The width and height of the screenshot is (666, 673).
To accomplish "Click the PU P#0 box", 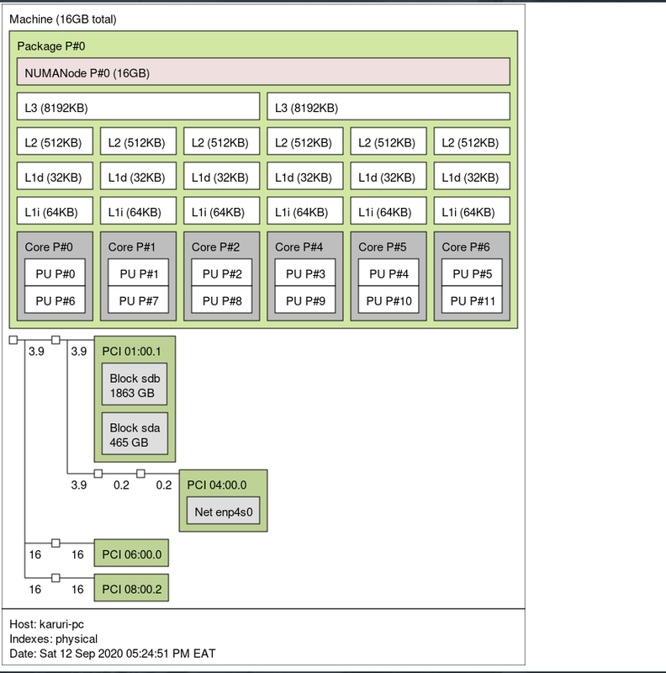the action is (x=55, y=273).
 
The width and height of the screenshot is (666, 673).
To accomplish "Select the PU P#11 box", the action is (x=472, y=300).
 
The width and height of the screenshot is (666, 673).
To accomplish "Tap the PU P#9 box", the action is (x=305, y=300).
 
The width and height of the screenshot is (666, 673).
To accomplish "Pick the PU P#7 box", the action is (x=138, y=300).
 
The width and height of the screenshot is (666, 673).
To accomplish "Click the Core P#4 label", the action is (x=299, y=247).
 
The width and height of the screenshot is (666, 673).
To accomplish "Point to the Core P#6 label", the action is (x=466, y=247).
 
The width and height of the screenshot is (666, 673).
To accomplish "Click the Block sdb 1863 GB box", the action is (x=135, y=384).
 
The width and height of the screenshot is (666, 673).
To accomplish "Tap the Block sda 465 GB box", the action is (x=135, y=433).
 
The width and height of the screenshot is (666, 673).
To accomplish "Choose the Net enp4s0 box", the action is (x=223, y=511).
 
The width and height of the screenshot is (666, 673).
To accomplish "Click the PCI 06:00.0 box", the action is (x=131, y=554).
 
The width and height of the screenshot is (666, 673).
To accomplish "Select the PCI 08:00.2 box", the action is (x=131, y=588).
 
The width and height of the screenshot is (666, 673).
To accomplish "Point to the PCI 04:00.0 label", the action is (x=217, y=485).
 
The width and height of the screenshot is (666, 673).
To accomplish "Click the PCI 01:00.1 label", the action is (x=131, y=352).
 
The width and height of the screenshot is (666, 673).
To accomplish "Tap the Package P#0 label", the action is (x=51, y=46).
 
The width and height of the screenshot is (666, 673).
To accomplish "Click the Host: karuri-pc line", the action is (x=47, y=624).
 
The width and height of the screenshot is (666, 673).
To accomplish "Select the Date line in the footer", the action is (x=113, y=654).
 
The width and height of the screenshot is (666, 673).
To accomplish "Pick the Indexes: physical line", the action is (x=54, y=639).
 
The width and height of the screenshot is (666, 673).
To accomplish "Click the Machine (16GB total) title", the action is (x=63, y=19).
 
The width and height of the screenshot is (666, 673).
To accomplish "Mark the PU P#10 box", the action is (x=388, y=300).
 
